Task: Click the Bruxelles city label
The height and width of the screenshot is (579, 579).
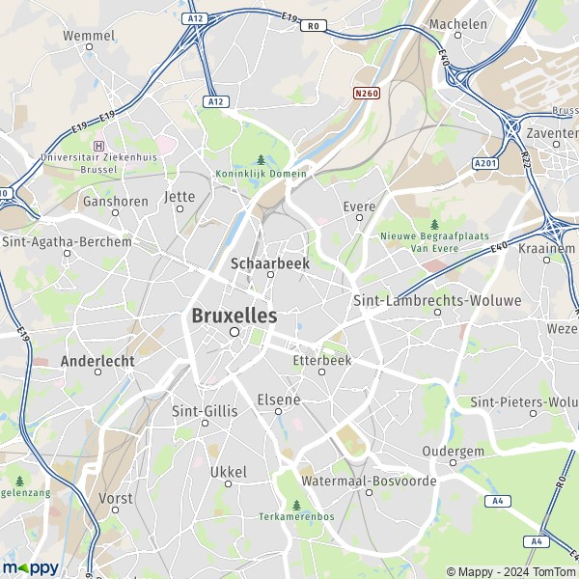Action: pyautogui.click(x=234, y=316)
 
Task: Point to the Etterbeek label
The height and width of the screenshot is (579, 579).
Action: pyautogui.click(x=321, y=360)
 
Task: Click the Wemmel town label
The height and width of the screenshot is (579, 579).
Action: pyautogui.click(x=89, y=36)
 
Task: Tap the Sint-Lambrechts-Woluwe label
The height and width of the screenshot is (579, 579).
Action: pyautogui.click(x=437, y=300)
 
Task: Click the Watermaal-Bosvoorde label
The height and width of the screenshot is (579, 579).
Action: pyautogui.click(x=369, y=480)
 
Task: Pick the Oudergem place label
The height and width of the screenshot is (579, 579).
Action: pyautogui.click(x=452, y=451)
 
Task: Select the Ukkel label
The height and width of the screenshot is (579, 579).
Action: pyautogui.click(x=229, y=472)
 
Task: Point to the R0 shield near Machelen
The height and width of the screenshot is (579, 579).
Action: pyautogui.click(x=311, y=26)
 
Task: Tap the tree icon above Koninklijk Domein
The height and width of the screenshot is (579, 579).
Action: pyautogui.click(x=262, y=159)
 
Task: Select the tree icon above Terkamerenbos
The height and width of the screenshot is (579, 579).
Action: pyautogui.click(x=296, y=504)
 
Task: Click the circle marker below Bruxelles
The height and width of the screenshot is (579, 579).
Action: pyautogui.click(x=234, y=331)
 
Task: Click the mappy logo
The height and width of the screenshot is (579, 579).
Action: pyautogui.click(x=30, y=567)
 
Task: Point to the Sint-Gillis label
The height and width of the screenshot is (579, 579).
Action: pyautogui.click(x=204, y=410)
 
